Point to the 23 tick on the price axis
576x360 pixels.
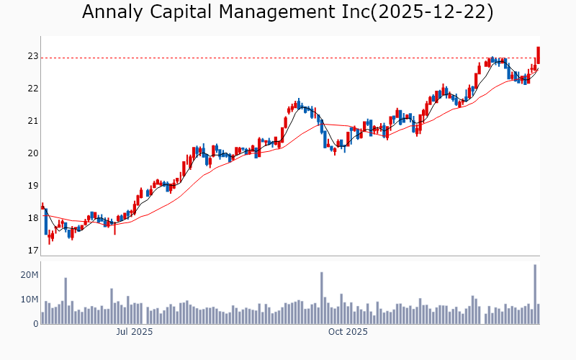[33, 56]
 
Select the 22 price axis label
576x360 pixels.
[33, 89]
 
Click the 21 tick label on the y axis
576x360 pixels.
[33, 121]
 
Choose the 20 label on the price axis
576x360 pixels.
[33, 153]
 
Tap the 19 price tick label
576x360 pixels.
[33, 186]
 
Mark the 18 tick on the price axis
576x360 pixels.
[33, 218]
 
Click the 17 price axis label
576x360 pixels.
[33, 251]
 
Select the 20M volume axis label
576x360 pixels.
[30, 275]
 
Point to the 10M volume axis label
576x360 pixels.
[30, 300]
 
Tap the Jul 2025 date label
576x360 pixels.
[135, 332]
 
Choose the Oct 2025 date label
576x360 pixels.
[348, 332]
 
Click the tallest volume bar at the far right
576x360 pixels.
[535, 295]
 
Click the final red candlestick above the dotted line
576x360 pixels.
[538, 55]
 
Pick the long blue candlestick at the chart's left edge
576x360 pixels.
[46, 221]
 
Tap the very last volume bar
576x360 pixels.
[538, 314]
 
